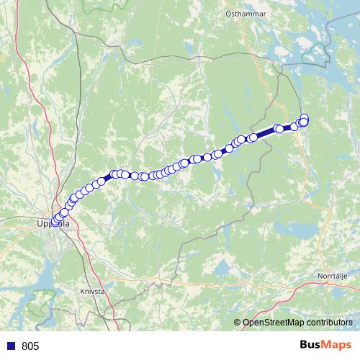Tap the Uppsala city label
coord(53,224)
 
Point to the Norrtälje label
coord(333,276)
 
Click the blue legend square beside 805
coord(11,346)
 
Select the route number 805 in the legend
coord(30,346)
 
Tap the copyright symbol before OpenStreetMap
coord(238,322)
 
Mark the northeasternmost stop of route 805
coord(304,118)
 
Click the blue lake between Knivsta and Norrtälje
coord(216,268)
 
